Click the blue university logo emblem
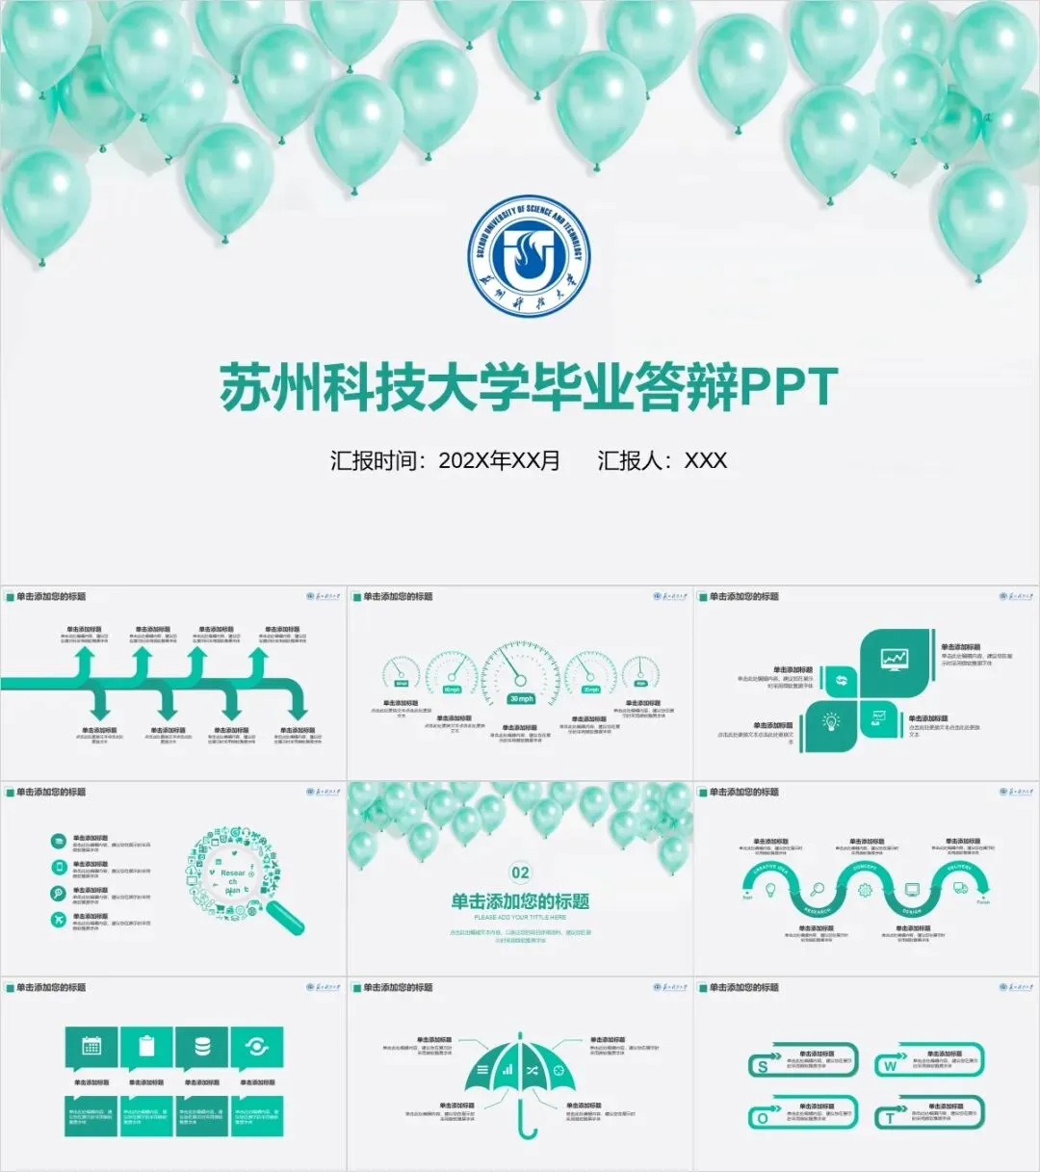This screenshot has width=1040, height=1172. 529,255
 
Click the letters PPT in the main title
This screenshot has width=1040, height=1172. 789,387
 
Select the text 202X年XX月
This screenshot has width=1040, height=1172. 499,460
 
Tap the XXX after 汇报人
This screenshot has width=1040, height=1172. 705,460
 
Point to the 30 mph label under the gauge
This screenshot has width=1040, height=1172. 521,699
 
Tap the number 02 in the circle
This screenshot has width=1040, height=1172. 520,872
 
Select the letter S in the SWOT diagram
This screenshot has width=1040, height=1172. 764,1066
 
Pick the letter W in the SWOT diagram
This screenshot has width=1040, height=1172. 890,1066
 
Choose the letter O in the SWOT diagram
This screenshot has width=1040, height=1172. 763,1118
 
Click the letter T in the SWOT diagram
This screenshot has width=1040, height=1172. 890,1118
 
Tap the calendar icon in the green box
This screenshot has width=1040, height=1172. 91,1047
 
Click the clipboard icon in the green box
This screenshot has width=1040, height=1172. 146,1046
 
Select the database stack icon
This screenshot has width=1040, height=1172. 202,1046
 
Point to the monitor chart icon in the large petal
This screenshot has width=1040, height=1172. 895,659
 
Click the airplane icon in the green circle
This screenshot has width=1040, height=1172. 60,920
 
